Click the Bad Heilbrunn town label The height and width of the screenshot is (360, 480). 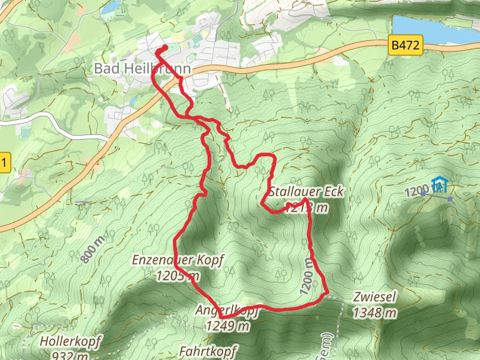pyautogui.click(x=142, y=69)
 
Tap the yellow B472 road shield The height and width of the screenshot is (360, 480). pyautogui.click(x=406, y=45)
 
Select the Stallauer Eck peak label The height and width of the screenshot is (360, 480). pyautogui.click(x=306, y=192)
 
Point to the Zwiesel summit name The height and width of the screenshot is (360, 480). pyautogui.click(x=375, y=298)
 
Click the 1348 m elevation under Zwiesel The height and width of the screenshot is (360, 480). pyautogui.click(x=375, y=313)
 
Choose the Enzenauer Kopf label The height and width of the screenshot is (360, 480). pyautogui.click(x=178, y=261)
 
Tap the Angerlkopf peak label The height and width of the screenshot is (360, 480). pyautogui.click(x=226, y=311)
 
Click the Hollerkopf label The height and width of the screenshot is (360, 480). pyautogui.click(x=66, y=341)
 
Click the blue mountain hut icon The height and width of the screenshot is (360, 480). pyautogui.click(x=441, y=184)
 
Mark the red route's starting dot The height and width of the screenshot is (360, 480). pyautogui.click(x=164, y=49)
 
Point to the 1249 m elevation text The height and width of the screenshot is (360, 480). pyautogui.click(x=227, y=326)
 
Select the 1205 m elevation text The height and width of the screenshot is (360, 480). pyautogui.click(x=178, y=276)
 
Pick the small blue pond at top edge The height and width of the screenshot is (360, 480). pyautogui.click(x=111, y=7)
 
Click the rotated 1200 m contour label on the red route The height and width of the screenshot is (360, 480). pyautogui.click(x=305, y=277)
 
